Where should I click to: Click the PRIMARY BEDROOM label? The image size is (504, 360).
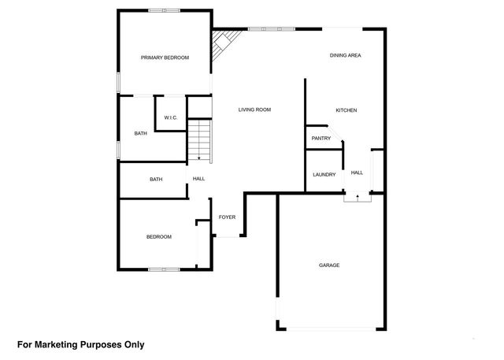(x=165, y=58)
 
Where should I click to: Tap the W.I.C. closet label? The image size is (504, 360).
(x=170, y=117)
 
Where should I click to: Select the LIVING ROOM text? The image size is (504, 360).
(x=254, y=109)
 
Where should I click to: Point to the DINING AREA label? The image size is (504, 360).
(x=345, y=56)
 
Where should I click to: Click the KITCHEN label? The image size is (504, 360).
(x=346, y=110)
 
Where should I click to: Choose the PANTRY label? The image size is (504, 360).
(x=321, y=139)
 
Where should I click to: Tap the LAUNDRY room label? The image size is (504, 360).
(x=324, y=175)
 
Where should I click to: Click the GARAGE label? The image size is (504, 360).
(x=329, y=265)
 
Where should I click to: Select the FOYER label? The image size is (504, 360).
(x=227, y=217)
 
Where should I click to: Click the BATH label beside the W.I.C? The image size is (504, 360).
(x=140, y=133)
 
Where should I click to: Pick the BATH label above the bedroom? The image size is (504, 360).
(x=156, y=180)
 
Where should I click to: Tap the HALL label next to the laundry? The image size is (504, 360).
(x=357, y=173)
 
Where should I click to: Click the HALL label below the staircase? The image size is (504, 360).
(x=198, y=179)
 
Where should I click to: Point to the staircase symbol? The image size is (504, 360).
(x=199, y=139)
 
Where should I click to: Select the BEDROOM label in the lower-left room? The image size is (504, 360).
(x=158, y=237)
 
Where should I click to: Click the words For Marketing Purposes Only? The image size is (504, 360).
(x=81, y=344)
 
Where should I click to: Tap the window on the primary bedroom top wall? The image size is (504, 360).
(x=165, y=9)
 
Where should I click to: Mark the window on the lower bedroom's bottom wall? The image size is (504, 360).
(x=165, y=270)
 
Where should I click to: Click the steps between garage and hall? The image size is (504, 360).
(x=357, y=199)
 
